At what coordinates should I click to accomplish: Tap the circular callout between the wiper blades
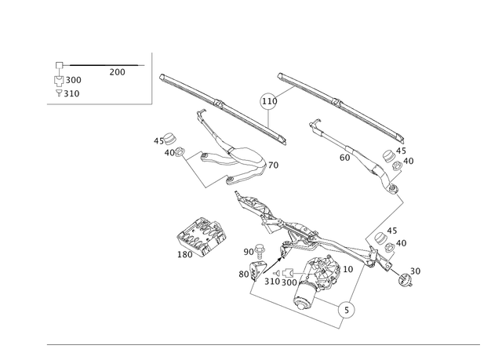268,100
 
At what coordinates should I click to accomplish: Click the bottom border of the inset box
98,103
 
